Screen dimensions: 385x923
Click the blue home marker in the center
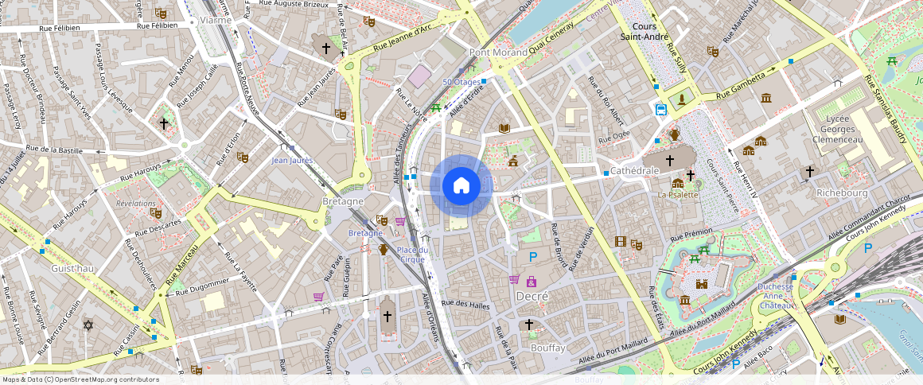(461, 186)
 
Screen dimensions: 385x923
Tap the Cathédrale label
(635, 171)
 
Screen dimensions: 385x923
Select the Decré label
(532, 296)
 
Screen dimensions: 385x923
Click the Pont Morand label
(499, 52)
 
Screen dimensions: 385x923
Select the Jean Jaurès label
(292, 160)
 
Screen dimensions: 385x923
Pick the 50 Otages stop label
(461, 82)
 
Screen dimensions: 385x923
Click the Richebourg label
(841, 192)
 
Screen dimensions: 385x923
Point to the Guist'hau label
(73, 269)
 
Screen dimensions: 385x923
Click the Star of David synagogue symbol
(88, 325)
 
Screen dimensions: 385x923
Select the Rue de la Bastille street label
(54, 150)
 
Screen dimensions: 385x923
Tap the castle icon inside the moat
(701, 283)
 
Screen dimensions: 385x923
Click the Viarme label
(216, 20)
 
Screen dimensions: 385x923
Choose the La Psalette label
(677, 195)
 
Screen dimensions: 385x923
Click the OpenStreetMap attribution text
(80, 379)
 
